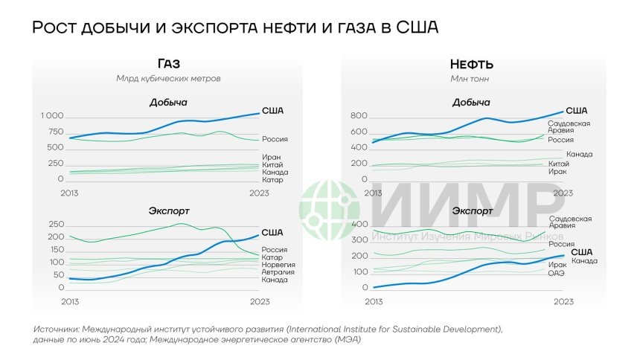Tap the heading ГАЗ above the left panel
click(169, 64)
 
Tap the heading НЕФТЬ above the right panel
click(471, 64)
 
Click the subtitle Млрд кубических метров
click(169, 78)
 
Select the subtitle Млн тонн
click(471, 78)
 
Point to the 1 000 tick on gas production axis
click(52, 117)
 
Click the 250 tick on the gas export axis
click(54, 225)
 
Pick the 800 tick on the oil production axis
click(359, 117)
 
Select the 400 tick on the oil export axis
click(359, 225)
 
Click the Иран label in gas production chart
click(271, 157)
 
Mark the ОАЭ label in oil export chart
click(557, 273)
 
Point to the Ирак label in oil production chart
click(557, 171)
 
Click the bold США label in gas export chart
click(272, 233)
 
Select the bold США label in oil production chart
click(577, 111)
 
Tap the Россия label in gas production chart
click(275, 139)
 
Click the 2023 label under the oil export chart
click(563, 301)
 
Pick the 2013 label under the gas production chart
click(69, 193)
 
